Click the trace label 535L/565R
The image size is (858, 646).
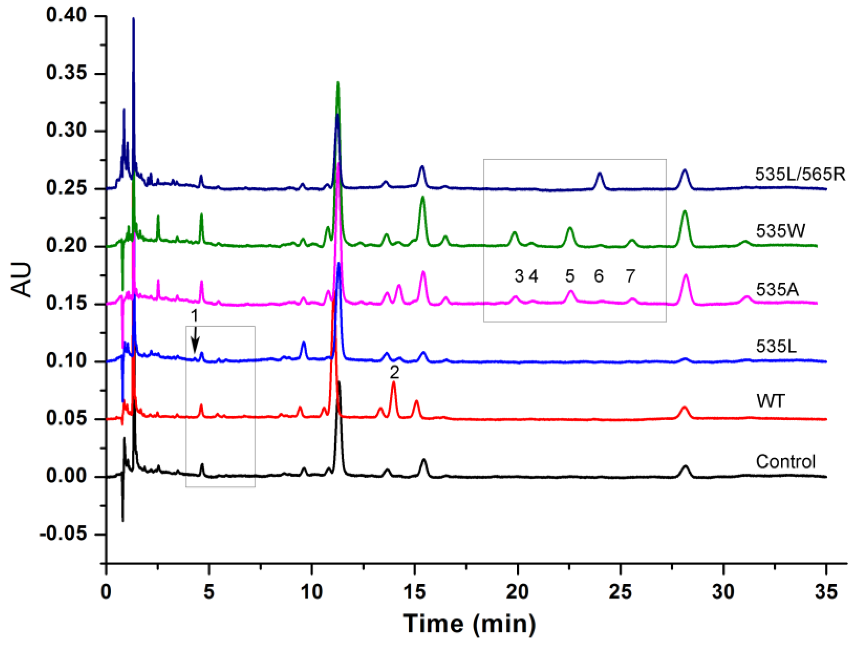click(x=800, y=174)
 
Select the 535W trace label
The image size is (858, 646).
click(x=780, y=231)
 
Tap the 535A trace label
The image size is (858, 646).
click(x=777, y=289)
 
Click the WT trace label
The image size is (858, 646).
click(x=771, y=401)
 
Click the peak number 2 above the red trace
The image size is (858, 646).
click(x=394, y=373)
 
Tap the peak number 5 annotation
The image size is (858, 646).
click(x=569, y=276)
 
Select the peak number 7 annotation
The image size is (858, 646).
click(x=630, y=276)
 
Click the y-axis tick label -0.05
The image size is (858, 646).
click(x=63, y=534)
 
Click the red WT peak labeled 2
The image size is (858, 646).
click(x=393, y=383)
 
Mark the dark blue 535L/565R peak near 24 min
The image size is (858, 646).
click(x=600, y=173)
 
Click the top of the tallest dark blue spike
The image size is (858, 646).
click(x=133, y=18)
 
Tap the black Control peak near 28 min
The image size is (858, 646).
click(x=685, y=466)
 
